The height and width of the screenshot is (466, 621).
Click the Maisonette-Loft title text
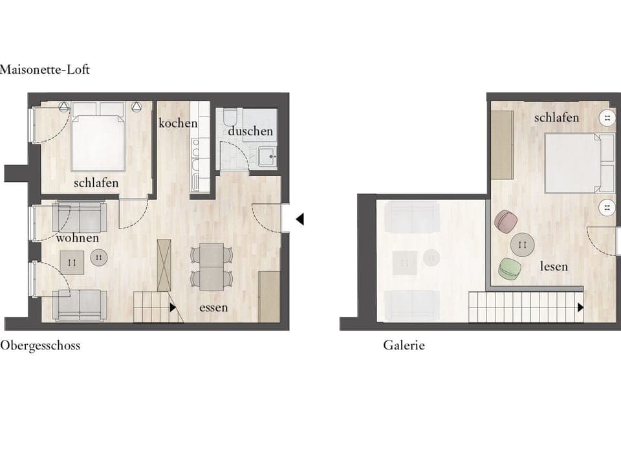coord(45,70)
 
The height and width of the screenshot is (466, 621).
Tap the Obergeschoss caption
coord(40,346)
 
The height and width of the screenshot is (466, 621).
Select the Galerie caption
coord(404,346)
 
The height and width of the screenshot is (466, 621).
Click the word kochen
coord(178,123)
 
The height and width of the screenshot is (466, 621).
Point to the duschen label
coord(250,131)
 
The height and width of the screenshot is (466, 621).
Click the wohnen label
coord(78,238)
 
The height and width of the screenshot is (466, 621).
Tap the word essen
coord(213,307)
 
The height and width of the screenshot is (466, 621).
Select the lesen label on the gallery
coord(554,266)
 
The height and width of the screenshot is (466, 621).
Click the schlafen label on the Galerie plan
coord(556,118)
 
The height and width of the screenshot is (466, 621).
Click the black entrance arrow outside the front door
coord(300,219)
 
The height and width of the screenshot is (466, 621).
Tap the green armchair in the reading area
coord(510,268)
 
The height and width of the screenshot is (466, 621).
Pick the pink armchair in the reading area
coord(505,221)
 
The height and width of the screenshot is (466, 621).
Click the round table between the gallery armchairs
coord(523,245)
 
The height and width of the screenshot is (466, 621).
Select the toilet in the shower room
coord(229,120)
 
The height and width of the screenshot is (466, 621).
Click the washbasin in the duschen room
coord(267,156)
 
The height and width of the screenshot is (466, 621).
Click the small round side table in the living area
coord(98,257)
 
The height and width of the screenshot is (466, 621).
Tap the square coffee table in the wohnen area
coord(71,262)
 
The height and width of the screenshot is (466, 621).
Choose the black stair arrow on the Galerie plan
coord(580,307)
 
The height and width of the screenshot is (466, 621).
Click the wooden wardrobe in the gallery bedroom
coord(502,145)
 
